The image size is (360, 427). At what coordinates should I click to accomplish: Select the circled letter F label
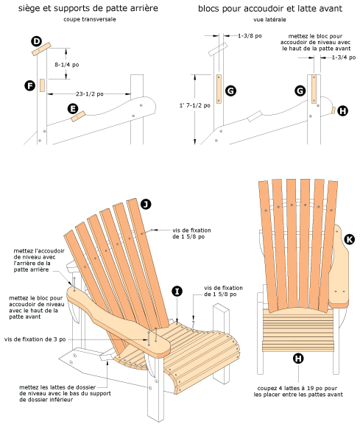[x=29, y=86]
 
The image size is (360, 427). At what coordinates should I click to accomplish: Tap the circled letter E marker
[x=73, y=109]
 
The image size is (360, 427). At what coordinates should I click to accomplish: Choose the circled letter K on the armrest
[x=349, y=239]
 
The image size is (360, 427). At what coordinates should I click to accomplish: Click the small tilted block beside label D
[x=41, y=49]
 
